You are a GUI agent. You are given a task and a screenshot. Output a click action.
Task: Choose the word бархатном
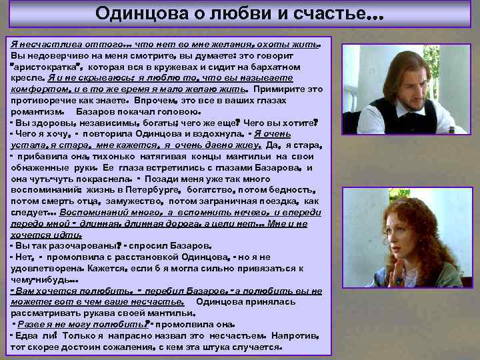click(289, 67)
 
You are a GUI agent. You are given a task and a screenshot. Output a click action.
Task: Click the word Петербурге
click(173, 190)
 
